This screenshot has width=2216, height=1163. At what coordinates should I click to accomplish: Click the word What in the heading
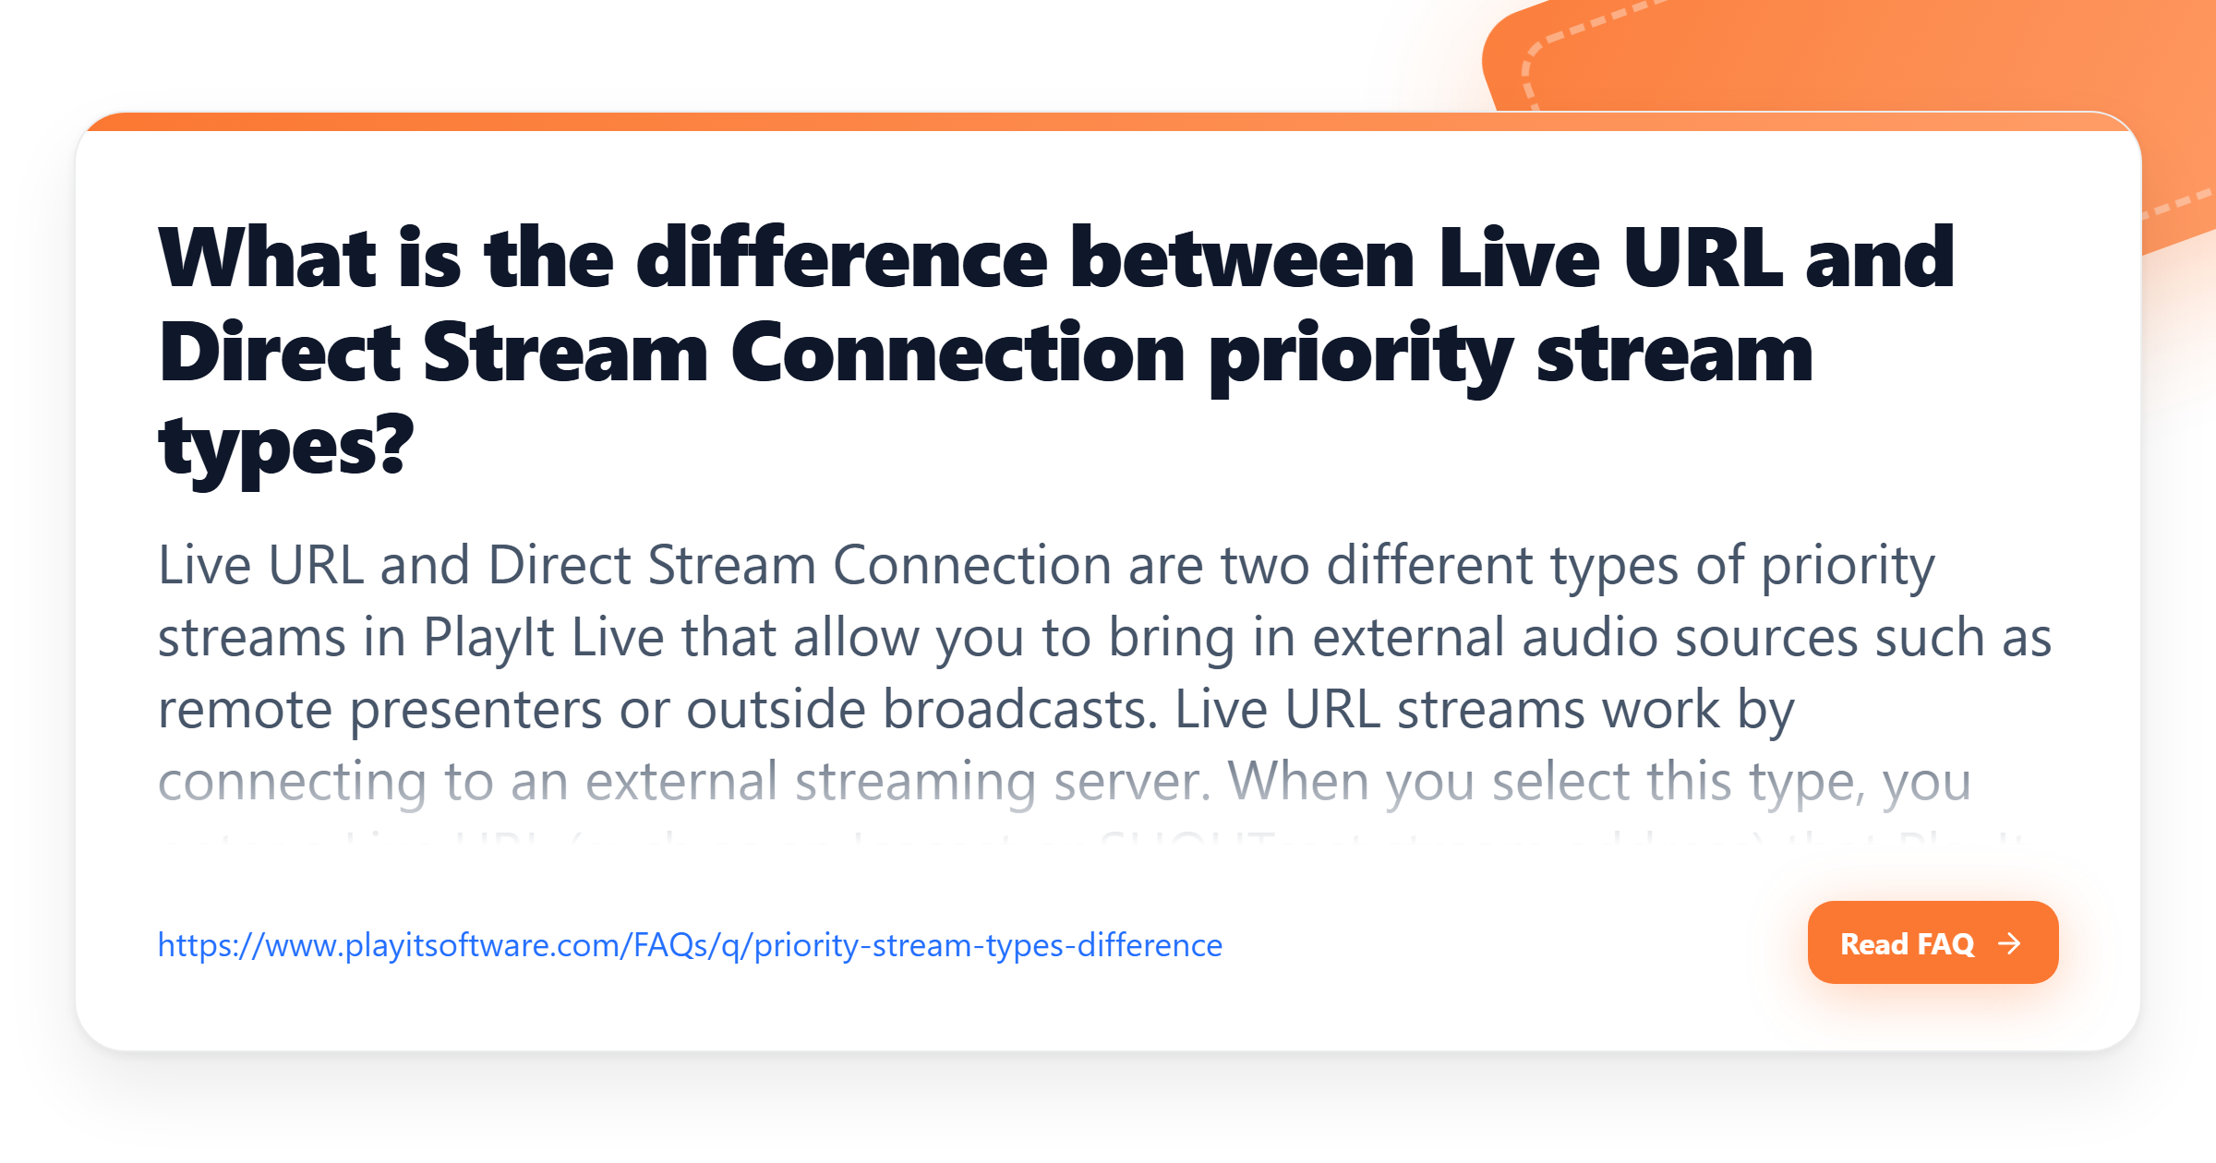[x=267, y=258]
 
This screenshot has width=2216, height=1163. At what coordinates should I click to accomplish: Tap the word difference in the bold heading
[x=842, y=258]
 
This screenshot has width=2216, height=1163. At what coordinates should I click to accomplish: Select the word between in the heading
[x=1242, y=258]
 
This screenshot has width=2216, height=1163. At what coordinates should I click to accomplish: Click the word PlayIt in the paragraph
[x=488, y=638]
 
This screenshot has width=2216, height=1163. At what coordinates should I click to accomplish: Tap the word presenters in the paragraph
[x=476, y=710]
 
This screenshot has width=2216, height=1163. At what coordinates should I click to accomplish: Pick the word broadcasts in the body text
[x=1020, y=710]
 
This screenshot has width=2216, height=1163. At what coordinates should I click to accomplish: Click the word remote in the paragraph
[x=245, y=710]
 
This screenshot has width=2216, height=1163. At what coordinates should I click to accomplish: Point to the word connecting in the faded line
[x=293, y=782]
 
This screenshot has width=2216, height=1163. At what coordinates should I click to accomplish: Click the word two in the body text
[x=1265, y=566]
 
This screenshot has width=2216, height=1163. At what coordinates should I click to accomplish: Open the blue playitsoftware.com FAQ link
[x=690, y=945]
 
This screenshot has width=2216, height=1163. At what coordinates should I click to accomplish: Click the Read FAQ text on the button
[x=1907, y=944]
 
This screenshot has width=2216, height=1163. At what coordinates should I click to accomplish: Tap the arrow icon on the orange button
[x=2009, y=943]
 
